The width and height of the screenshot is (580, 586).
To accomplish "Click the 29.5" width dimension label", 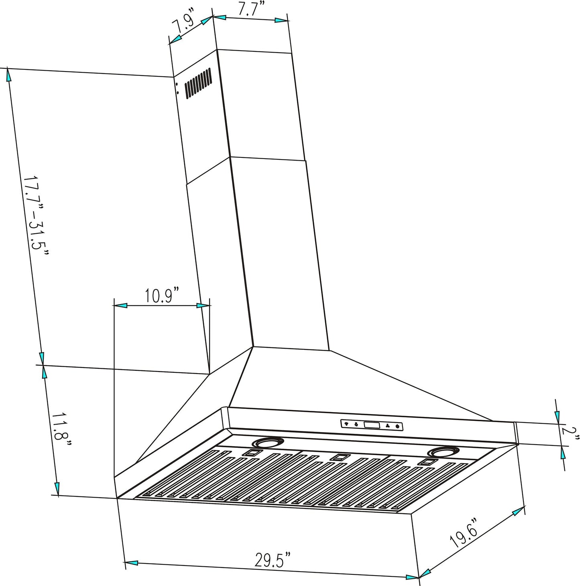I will click(x=273, y=560).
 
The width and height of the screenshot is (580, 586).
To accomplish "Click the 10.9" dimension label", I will click(x=161, y=296).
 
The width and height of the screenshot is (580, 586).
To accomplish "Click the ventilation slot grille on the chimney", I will click(x=197, y=83).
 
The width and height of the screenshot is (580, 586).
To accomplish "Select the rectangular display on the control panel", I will click(x=371, y=425).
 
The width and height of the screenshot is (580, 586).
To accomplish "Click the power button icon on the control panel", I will click(x=397, y=427).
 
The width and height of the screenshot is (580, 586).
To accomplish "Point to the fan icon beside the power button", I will click(x=387, y=426).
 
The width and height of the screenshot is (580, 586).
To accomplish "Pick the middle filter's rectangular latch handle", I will click(x=340, y=457).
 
